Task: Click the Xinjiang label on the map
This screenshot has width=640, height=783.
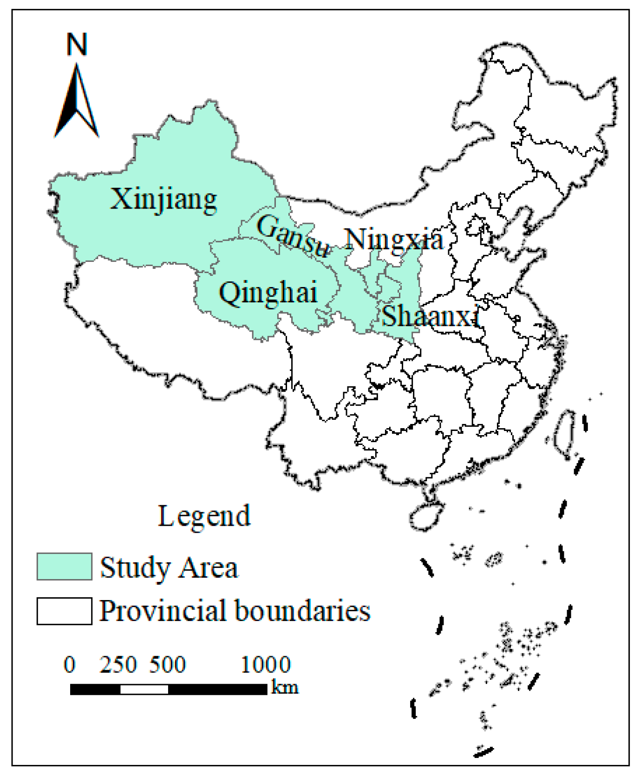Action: (163, 200)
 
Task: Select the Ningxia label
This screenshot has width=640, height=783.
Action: (394, 240)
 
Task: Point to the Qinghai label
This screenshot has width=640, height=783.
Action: (268, 293)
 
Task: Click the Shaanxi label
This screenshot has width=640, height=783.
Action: (430, 317)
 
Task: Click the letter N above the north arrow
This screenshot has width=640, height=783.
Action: (77, 44)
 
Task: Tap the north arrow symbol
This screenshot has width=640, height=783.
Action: (77, 102)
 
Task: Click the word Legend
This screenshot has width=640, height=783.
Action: (204, 516)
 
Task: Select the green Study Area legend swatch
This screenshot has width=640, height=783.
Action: (64, 567)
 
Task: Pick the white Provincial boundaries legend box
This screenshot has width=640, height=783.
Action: (64, 611)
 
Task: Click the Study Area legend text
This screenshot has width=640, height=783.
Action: (169, 568)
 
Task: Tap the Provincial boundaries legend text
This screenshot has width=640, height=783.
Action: (235, 611)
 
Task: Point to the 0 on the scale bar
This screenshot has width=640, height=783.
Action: (70, 665)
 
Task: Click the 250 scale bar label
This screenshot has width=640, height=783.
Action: (118, 665)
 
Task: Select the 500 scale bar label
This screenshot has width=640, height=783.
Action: (167, 665)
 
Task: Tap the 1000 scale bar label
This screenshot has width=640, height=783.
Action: (266, 665)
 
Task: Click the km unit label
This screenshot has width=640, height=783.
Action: (284, 687)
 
